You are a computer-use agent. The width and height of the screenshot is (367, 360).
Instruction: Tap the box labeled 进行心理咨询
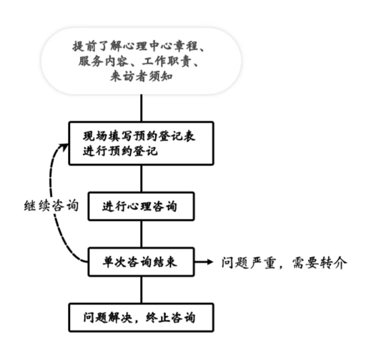coord(141,206)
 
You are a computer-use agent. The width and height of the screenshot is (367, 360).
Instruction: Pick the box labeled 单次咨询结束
coord(141,262)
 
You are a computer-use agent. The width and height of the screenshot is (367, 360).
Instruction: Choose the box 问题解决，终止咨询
coord(141,317)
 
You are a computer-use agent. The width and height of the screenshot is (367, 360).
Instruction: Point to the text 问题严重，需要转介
coord(284,263)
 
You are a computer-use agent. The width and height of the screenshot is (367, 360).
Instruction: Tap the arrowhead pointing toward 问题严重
coord(210,262)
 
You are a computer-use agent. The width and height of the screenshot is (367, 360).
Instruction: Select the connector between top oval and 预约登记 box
coord(141,108)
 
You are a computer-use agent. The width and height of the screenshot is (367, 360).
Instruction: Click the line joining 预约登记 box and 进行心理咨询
coord(141,178)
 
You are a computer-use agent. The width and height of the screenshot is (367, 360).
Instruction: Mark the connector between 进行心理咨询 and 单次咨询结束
coord(141,234)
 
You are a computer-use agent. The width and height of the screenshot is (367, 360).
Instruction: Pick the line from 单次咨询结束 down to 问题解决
coord(141,290)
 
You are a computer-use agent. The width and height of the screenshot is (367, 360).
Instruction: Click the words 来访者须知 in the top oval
coord(141,76)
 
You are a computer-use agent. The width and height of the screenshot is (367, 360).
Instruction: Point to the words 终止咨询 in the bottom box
coord(170,318)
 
